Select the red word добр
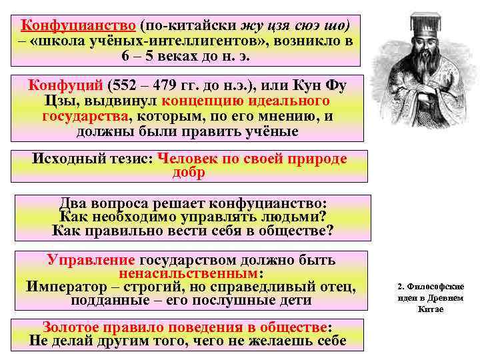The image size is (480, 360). click(189, 173)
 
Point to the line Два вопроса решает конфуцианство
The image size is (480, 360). click(193, 203)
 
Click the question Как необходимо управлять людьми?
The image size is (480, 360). click(193, 217)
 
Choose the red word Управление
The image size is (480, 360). click(91, 260)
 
